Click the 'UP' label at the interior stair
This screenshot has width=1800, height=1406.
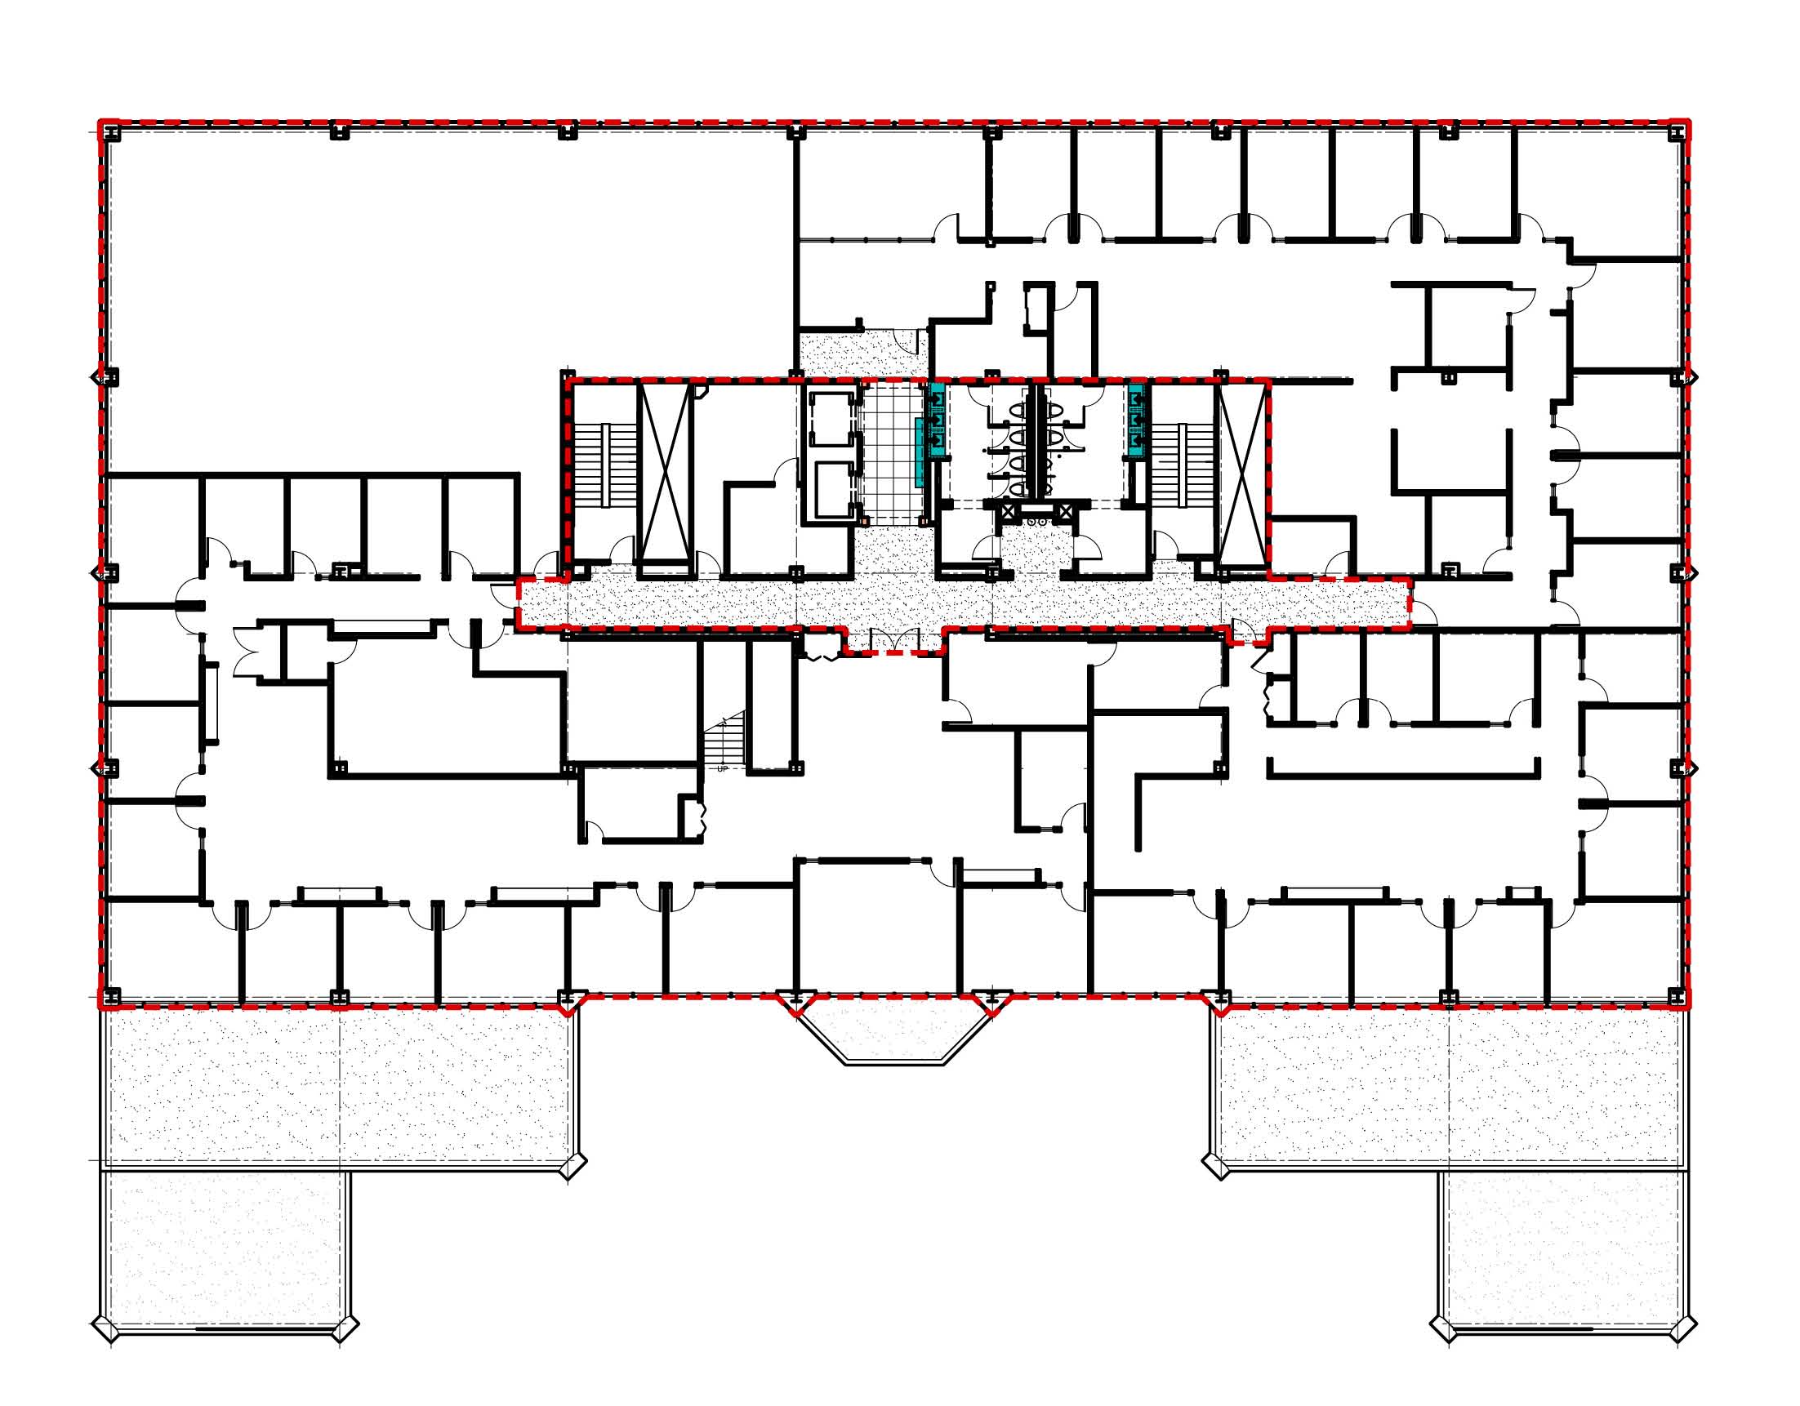(x=723, y=769)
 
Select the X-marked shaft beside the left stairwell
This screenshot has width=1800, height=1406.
(x=666, y=472)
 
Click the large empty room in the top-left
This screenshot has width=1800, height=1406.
(x=449, y=305)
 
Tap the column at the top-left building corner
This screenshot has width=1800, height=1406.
(x=109, y=131)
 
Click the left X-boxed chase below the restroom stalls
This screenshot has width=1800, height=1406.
(x=1008, y=510)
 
